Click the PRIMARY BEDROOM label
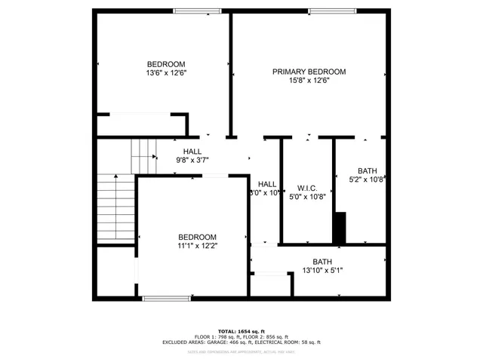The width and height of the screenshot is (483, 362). point(309,72)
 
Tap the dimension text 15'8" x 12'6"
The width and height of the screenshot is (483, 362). point(309,81)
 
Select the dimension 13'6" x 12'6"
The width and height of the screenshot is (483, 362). point(166,73)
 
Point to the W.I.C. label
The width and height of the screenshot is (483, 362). point(306,188)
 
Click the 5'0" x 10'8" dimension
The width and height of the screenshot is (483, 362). point(306,197)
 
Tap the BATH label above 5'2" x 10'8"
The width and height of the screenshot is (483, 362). point(367,170)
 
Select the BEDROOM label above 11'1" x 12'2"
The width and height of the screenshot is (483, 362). point(197,237)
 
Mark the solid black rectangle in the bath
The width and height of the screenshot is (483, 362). point(340,228)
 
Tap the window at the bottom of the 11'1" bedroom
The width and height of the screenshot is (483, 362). point(165,299)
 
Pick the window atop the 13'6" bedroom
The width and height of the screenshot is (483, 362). point(192,11)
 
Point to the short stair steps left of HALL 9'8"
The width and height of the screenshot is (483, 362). point(143,156)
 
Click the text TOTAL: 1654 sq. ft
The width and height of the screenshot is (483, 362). point(241,331)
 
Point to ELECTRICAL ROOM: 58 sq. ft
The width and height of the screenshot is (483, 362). point(289,342)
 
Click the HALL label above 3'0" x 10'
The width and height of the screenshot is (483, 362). point(267,184)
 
